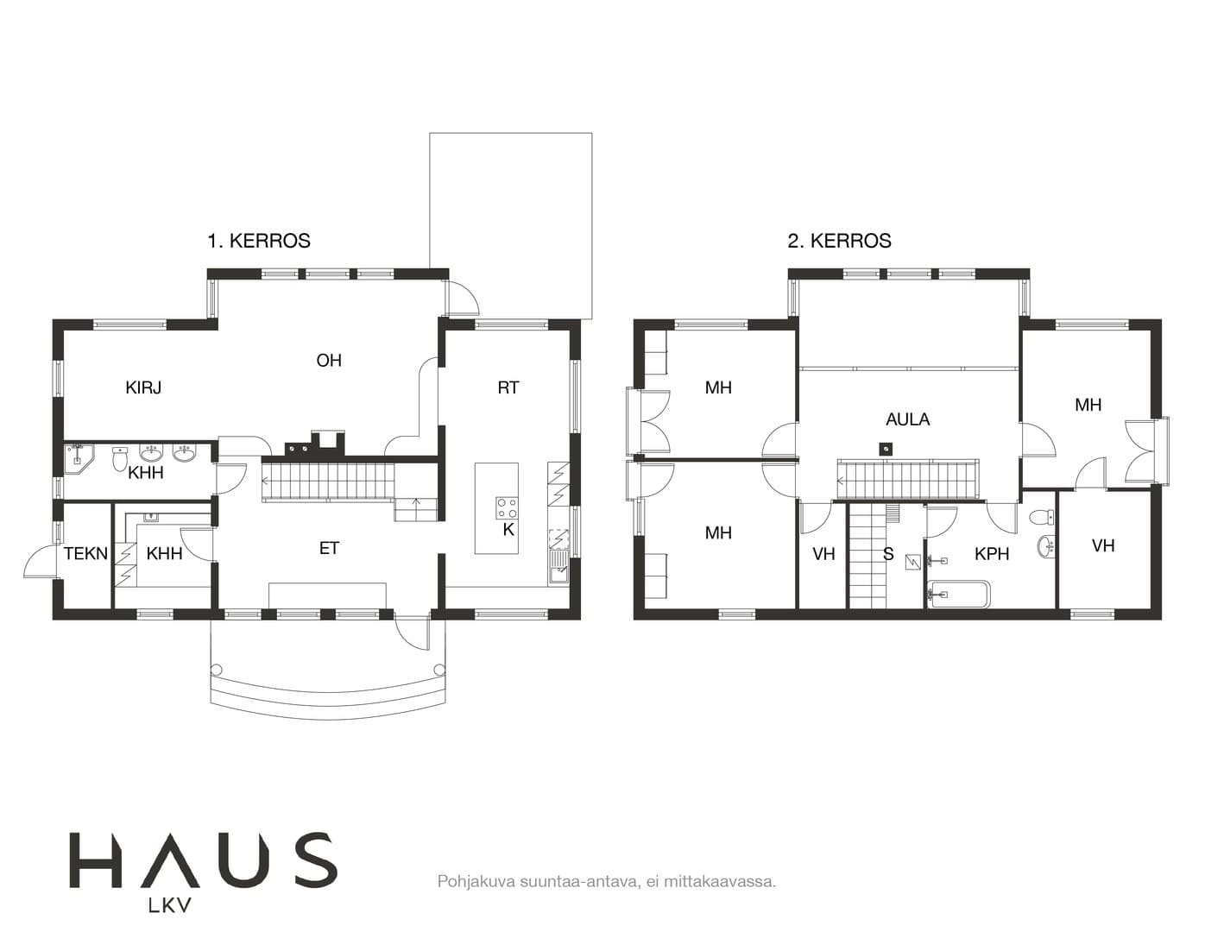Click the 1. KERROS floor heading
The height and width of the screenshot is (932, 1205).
pos(259,241)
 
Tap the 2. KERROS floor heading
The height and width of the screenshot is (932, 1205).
pos(839,241)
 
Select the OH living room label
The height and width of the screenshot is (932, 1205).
pos(329,361)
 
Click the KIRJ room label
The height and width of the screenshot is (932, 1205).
pos(143,387)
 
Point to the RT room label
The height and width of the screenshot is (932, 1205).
pos(508,387)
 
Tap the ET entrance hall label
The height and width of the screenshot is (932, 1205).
pos(329,548)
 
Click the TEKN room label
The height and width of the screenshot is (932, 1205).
pos(85,553)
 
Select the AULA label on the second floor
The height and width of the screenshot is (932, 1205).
pos(907,419)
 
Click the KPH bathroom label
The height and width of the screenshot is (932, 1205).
pos(992,553)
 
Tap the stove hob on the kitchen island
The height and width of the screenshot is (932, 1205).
pos(507,507)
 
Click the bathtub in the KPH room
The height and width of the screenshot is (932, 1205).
pos(959,594)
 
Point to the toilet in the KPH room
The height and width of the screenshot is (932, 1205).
pos(1041,517)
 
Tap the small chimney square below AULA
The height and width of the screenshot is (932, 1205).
pos(886,448)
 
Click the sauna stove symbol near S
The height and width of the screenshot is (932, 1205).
pos(912,563)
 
